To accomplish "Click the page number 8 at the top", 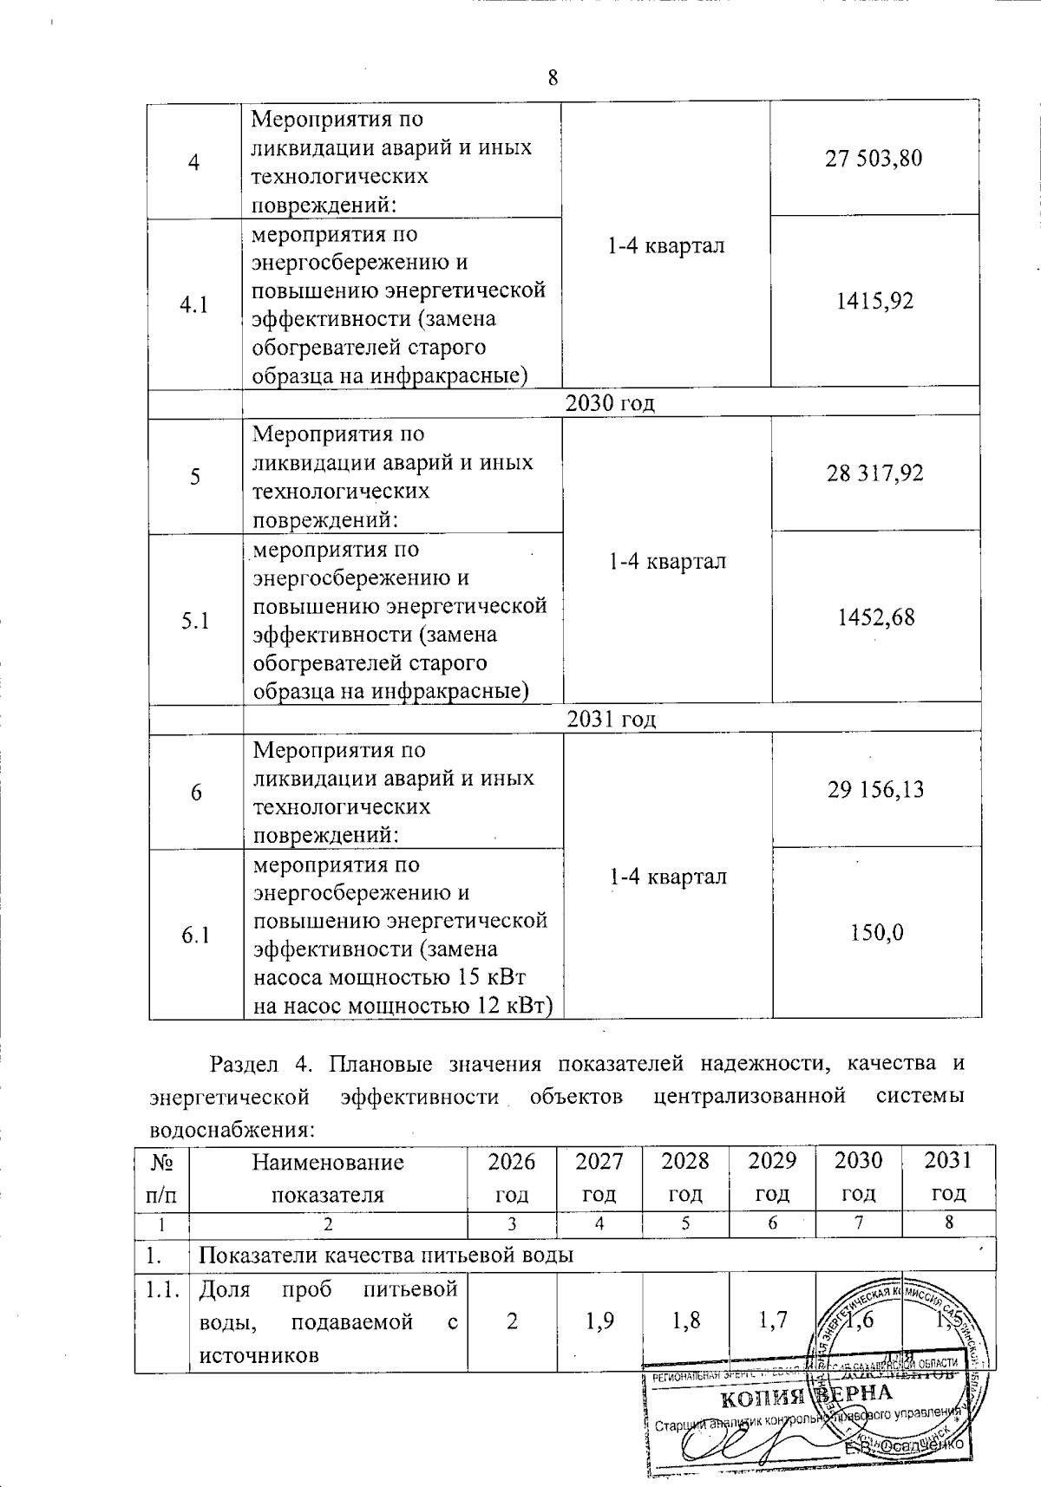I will point(553,78).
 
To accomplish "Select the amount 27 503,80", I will point(874,159).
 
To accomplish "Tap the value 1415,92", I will point(874,302).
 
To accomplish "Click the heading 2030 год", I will point(610,403).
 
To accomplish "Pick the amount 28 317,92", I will point(874,473).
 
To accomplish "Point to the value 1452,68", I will point(875,617).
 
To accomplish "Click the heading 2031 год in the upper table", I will point(611,719).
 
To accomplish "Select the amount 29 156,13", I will point(875,789).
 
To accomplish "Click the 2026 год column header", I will point(512,1177).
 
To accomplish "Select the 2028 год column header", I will point(685,1177).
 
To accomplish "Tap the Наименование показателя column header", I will point(328,1177).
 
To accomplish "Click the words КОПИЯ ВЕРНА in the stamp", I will point(807,1397).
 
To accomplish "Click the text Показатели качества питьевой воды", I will point(387,1255).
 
